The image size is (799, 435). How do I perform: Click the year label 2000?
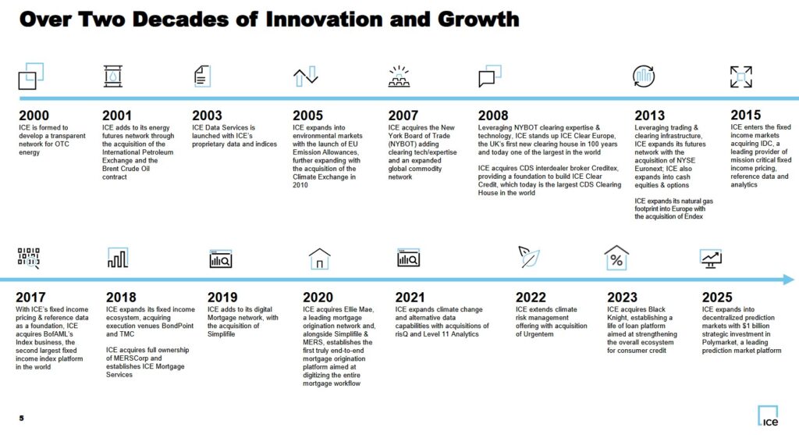[35, 116]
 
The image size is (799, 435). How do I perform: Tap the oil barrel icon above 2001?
[113, 76]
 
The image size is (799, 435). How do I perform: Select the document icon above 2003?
[202, 76]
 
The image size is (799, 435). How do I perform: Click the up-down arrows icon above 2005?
[305, 77]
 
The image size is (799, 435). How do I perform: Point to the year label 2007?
[403, 116]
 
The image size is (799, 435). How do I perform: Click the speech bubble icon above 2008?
[489, 77]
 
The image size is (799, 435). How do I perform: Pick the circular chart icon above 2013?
[644, 76]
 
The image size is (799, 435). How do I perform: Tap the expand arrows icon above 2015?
[740, 77]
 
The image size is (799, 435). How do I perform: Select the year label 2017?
[30, 297]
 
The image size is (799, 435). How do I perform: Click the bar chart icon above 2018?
[117, 258]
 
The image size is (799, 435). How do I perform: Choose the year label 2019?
[223, 297]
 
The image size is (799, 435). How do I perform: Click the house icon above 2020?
[320, 259]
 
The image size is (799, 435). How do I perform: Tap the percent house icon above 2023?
[616, 258]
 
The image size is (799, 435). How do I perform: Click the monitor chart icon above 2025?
[711, 259]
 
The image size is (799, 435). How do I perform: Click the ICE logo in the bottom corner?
[767, 417]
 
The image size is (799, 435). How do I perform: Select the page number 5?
[21, 418]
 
